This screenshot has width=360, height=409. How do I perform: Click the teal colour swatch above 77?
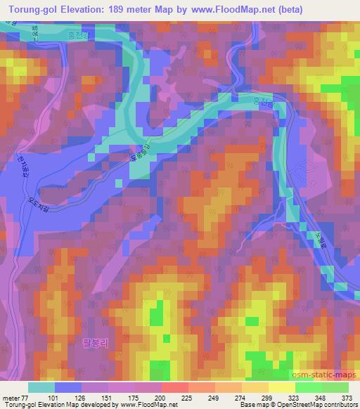[x=41, y=387]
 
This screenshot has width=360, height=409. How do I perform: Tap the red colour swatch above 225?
[x=175, y=387]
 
